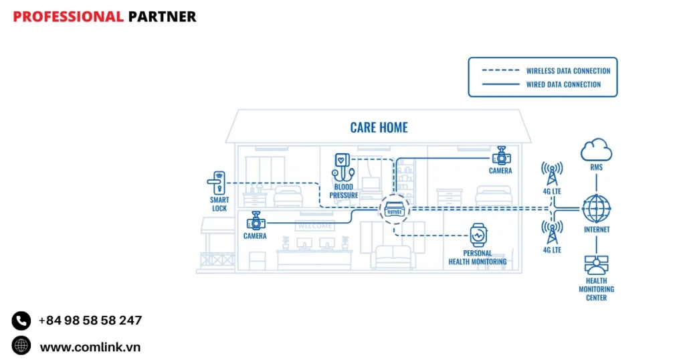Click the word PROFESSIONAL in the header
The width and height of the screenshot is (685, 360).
pos(68,17)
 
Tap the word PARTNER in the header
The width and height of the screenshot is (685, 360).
pos(162,17)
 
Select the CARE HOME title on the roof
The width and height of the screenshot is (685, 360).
pos(379,127)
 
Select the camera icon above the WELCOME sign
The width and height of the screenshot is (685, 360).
pos(255,221)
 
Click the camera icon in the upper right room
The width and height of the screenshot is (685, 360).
pos(500,157)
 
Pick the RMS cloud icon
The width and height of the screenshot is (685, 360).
pos(596,149)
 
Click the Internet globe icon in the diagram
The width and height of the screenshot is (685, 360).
pos(596,208)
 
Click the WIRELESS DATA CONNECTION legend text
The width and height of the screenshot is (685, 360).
pos(568,71)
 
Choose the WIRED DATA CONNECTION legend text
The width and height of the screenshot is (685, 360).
pos(563,84)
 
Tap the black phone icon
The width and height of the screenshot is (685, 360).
pos(21,321)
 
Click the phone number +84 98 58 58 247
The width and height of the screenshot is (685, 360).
pos(90,321)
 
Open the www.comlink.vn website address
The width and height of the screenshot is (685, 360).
pos(90,347)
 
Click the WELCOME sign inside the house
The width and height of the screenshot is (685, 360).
pos(314,226)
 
